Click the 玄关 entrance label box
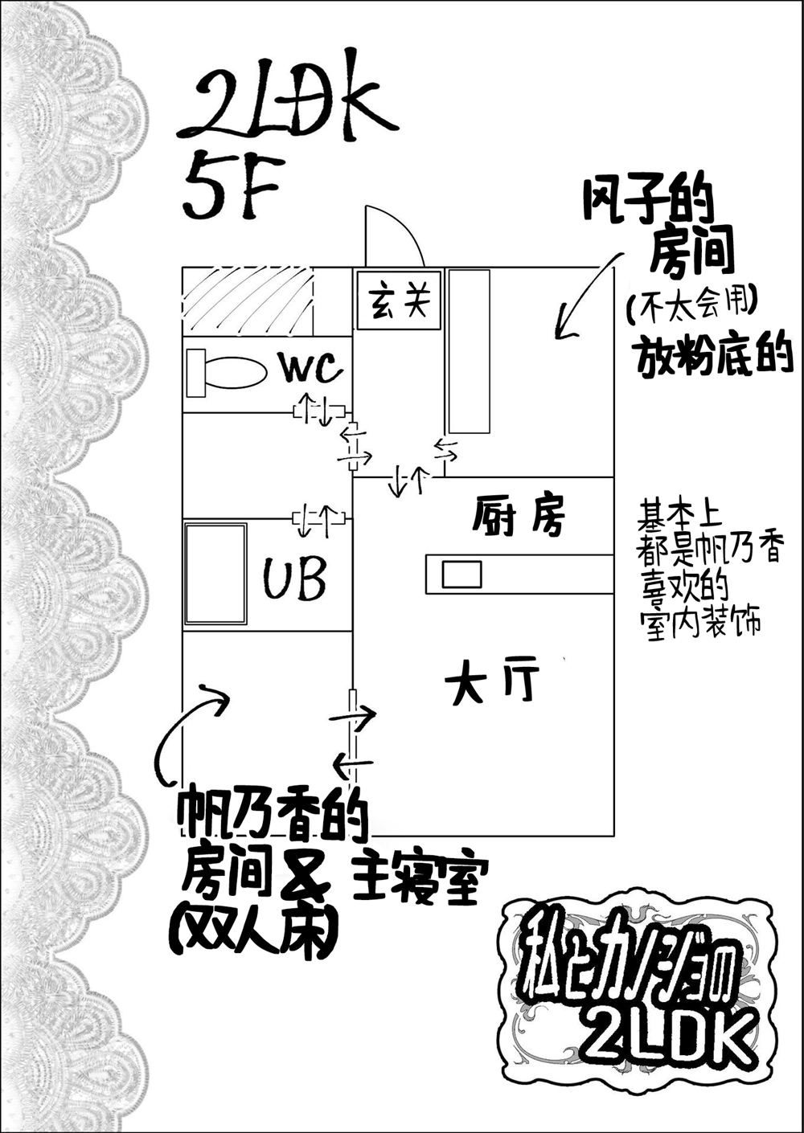[x=399, y=300]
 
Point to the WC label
[x=310, y=370]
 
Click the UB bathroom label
[x=295, y=579]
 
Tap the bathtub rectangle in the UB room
[x=215, y=573]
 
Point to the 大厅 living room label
[x=492, y=684]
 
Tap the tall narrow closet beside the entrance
[x=468, y=351]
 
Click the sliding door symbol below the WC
[x=318, y=411]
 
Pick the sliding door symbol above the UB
[x=318, y=519]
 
